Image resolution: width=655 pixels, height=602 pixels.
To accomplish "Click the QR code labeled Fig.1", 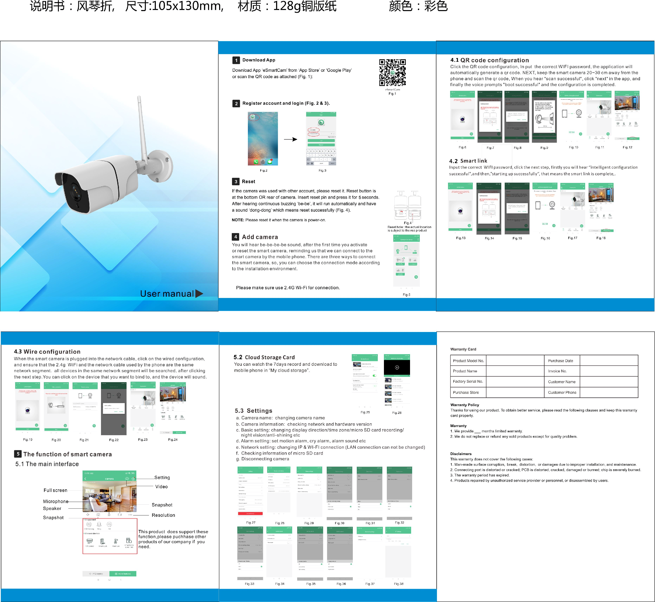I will tap(392, 72).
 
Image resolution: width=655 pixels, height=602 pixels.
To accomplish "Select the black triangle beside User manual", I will tap(199, 293).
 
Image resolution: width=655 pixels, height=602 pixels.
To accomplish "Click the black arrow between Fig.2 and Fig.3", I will tap(291, 139).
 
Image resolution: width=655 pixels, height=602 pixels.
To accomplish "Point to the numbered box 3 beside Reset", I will tap(236, 182).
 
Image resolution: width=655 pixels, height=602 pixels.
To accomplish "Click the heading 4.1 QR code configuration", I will tap(489, 60).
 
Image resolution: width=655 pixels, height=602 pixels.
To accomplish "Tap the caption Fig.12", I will tap(627, 147).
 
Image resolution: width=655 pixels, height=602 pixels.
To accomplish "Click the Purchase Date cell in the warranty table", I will tap(560, 361).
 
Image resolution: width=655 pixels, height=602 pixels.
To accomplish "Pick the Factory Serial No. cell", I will tap(468, 381).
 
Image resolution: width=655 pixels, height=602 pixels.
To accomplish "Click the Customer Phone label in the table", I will tap(562, 392).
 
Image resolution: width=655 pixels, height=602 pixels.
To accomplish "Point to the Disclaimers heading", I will tap(461, 454).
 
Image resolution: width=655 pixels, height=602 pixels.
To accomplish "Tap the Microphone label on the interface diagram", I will tap(56, 501).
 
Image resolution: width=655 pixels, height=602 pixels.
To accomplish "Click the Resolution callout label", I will tap(163, 515).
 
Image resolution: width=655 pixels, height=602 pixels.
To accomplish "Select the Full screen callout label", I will tap(55, 490).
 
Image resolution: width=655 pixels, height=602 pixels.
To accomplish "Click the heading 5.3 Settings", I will tap(253, 411).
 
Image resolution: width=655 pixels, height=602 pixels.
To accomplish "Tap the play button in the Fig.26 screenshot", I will tap(397, 367).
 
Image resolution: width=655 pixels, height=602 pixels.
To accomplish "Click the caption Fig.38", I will tap(399, 584).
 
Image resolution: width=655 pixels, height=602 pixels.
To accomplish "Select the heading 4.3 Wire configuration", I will tap(47, 352).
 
